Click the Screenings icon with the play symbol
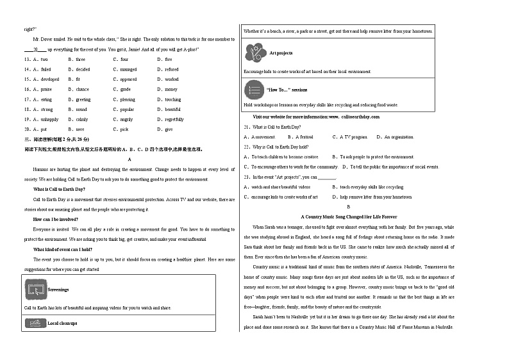pos(35,290)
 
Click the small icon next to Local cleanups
pos(35,323)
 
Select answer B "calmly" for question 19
pos(81,119)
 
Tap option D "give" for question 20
pos(168,129)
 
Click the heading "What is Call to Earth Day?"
pos(59,190)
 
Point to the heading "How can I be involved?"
pos(55,219)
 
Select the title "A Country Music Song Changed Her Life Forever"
pos(348,217)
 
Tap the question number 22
pos(247,147)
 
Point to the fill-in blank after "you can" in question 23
pos(328,177)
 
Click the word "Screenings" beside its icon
pos(58,290)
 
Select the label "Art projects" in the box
pos(281,53)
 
